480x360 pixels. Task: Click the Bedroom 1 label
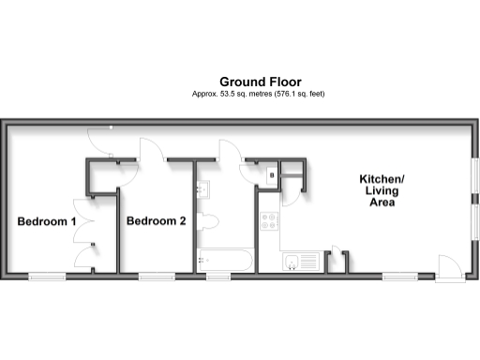click(x=47, y=222)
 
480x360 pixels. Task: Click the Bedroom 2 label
click(x=157, y=222)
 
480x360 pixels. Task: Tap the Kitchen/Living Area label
click(x=382, y=191)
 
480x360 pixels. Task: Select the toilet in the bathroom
click(x=209, y=222)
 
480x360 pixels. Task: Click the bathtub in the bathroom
click(x=223, y=259)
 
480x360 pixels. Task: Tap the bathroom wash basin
click(x=202, y=189)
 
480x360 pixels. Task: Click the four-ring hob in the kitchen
click(x=271, y=223)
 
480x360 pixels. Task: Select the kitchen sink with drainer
click(x=302, y=262)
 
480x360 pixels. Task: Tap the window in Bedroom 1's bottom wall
click(x=47, y=276)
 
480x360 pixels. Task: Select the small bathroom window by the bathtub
click(x=218, y=276)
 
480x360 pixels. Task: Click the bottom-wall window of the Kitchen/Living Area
click(x=399, y=276)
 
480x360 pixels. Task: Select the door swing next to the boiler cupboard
click(x=294, y=183)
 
